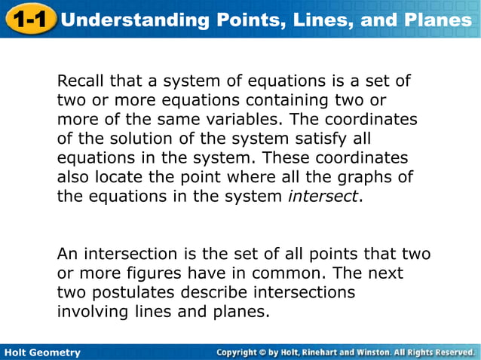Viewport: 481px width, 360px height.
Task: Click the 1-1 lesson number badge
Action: pos(30,19)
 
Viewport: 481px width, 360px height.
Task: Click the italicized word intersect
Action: pos(323,197)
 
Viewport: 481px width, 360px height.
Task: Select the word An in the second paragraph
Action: pos(67,254)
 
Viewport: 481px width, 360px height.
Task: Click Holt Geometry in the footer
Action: pos(42,352)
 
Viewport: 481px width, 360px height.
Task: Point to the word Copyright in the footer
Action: pos(244,352)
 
